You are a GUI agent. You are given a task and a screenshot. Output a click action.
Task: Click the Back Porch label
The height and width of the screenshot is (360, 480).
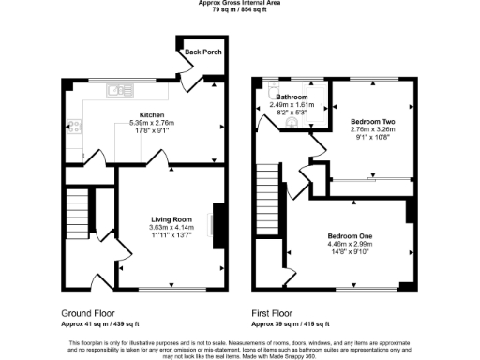point(203,52)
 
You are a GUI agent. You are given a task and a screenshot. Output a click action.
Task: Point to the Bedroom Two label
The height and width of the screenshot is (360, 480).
point(371,122)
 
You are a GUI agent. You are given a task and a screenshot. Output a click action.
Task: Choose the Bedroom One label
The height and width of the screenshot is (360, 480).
point(351,234)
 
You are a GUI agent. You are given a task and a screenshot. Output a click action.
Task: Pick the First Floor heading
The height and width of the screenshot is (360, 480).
point(271,312)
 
